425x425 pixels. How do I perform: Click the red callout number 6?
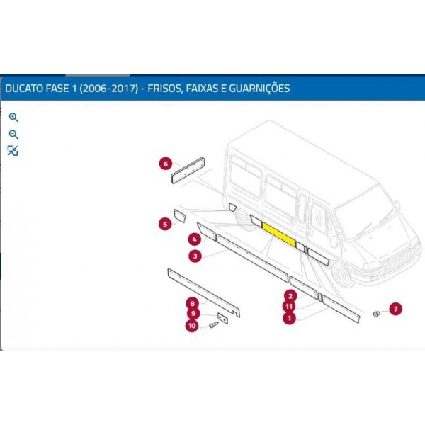click(166, 164)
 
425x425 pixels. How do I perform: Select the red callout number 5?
click(165, 224)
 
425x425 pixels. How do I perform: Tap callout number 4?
click(195, 239)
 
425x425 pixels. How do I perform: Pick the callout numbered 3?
click(195, 256)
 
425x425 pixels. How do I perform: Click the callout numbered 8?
click(193, 304)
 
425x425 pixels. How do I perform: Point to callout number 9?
click(193, 314)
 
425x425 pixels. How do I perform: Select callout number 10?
click(192, 325)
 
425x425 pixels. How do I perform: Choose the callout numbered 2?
click(290, 296)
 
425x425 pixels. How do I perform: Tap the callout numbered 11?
click(289, 307)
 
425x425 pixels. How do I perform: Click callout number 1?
click(290, 317)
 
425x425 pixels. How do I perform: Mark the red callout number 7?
click(396, 309)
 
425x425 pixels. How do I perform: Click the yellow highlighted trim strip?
click(278, 234)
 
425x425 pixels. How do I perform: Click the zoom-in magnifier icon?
click(13, 118)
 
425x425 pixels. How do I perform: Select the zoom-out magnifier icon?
click(13, 135)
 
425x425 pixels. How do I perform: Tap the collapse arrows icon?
click(13, 151)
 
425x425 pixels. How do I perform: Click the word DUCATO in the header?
click(24, 89)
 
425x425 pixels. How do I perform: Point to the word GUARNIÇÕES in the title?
click(259, 88)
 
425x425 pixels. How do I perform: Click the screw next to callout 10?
click(214, 324)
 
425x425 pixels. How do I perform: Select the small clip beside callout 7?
click(377, 314)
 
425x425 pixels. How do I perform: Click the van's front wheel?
click(341, 273)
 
